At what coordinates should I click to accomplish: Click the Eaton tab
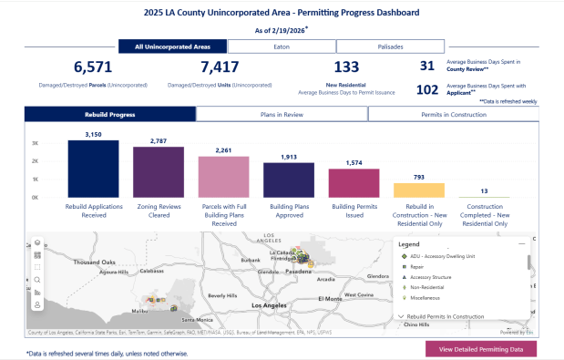pyautogui.click(x=282, y=46)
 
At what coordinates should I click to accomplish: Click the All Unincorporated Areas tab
pyautogui.click(x=173, y=46)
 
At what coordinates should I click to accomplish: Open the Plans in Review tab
pyautogui.click(x=282, y=114)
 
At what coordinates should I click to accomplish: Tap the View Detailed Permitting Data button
pyautogui.click(x=481, y=349)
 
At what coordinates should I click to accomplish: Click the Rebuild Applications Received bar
pyautogui.click(x=93, y=169)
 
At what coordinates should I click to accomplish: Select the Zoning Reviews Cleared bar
pyautogui.click(x=158, y=172)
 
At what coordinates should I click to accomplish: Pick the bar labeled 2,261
pyautogui.click(x=223, y=177)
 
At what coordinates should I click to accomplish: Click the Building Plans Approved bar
pyautogui.click(x=289, y=180)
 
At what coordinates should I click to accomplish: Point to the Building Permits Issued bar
pyautogui.click(x=354, y=183)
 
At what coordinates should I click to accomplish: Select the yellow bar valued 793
pyautogui.click(x=418, y=190)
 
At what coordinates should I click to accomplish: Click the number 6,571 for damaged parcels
pyautogui.click(x=92, y=67)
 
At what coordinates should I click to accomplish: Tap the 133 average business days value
pyautogui.click(x=347, y=67)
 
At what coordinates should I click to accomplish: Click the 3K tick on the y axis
pyautogui.click(x=35, y=144)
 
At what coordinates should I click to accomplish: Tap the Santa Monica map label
pyautogui.click(x=196, y=320)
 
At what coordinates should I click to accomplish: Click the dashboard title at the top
pyautogui.click(x=282, y=13)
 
